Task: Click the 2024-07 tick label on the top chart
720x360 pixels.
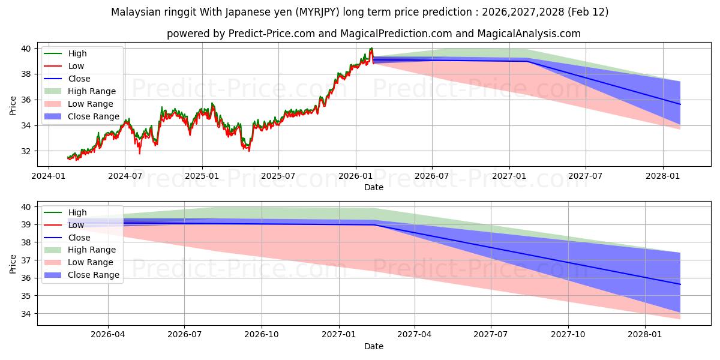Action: click(x=125, y=176)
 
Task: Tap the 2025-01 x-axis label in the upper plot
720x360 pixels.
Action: click(x=202, y=176)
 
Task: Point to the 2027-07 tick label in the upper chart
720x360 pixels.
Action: click(x=586, y=176)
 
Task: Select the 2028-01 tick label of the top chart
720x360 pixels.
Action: click(x=662, y=176)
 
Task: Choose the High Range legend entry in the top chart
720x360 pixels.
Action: click(x=92, y=91)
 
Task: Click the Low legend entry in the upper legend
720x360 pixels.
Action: click(x=76, y=66)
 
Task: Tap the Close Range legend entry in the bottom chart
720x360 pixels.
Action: click(x=94, y=275)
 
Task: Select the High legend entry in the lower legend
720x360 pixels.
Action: click(x=77, y=212)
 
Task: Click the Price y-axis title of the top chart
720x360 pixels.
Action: click(x=13, y=106)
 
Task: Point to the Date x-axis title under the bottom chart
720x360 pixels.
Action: click(x=373, y=346)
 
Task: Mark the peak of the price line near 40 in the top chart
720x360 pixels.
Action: click(x=371, y=48)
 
